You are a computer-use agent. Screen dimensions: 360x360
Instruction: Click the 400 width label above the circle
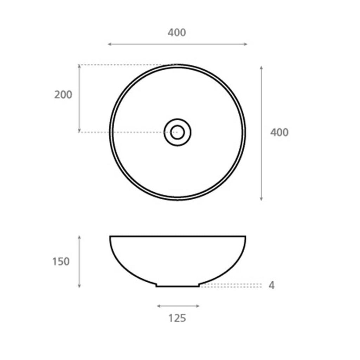[176, 33]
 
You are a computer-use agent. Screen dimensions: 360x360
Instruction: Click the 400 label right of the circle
[279, 133]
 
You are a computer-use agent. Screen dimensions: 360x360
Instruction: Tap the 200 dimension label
[63, 95]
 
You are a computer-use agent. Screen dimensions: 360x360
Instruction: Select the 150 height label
[61, 262]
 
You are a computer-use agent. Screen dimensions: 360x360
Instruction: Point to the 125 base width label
[177, 318]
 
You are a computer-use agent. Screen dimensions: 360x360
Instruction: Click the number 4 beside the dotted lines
[272, 285]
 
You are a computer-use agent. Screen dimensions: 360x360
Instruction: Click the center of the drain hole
[178, 132]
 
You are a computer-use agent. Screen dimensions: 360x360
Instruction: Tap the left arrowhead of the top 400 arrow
[110, 44]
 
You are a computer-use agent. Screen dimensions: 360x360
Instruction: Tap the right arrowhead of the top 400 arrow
[245, 44]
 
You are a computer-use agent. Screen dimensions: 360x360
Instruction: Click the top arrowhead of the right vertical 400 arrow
[261, 68]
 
